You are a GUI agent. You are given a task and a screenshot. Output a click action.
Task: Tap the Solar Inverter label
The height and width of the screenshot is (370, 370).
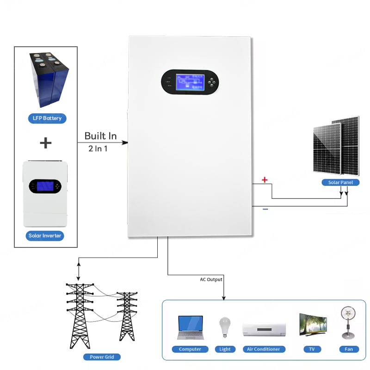click(x=45, y=236)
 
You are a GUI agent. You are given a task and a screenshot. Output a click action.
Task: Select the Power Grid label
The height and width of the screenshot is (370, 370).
click(x=102, y=357)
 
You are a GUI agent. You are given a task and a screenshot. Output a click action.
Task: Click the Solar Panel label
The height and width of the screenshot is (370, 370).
click(x=340, y=183)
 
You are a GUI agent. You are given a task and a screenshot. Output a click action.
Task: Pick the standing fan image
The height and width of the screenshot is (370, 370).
click(x=348, y=322)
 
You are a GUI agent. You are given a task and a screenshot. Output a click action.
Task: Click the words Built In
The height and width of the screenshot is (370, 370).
click(x=100, y=136)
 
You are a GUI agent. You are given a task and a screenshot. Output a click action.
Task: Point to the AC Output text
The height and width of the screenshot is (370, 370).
click(x=211, y=279)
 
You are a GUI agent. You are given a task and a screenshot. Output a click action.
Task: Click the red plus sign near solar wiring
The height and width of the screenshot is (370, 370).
click(x=265, y=179)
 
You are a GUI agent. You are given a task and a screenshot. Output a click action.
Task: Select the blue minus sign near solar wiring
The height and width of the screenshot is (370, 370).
click(x=265, y=210)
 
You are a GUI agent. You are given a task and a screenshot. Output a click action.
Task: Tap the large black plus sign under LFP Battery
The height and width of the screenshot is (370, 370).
click(x=45, y=143)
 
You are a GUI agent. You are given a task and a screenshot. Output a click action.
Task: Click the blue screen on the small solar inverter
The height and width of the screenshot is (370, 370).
click(x=45, y=186)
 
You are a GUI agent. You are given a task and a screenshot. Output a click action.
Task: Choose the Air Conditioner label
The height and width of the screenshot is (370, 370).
click(x=264, y=349)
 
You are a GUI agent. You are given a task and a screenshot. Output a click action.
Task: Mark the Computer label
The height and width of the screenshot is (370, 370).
click(x=190, y=349)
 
